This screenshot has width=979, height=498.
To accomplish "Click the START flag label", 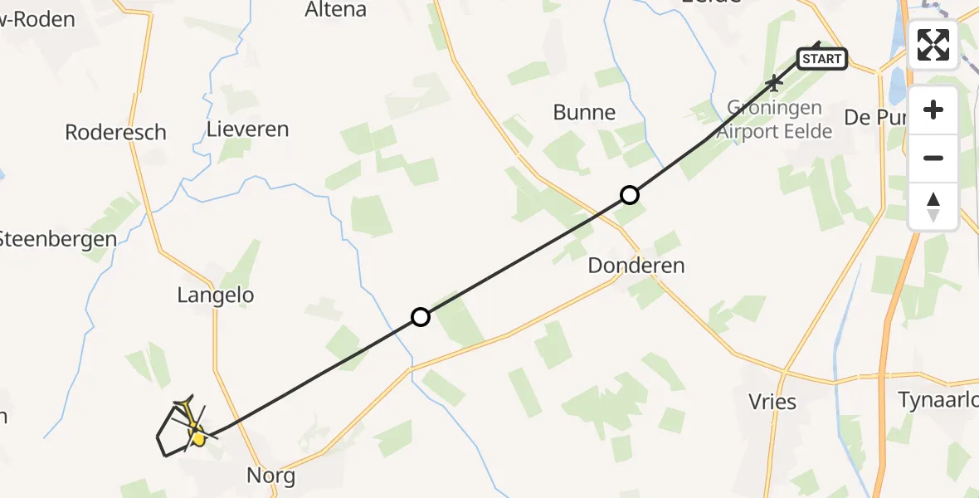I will (822, 58).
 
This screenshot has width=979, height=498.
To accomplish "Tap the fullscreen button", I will (933, 45).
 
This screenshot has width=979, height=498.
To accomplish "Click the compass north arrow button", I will (933, 207).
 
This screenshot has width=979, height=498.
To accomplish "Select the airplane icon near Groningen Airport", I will (774, 82).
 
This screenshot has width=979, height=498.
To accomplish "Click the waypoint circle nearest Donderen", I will (630, 195).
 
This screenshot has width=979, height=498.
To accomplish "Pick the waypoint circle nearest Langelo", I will (421, 317).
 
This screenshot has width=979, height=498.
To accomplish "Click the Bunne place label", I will (584, 113).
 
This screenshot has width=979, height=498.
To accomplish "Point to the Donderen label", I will (636, 266).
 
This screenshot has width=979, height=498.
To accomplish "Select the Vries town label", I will (772, 403).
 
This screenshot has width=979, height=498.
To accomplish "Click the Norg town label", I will (270, 476).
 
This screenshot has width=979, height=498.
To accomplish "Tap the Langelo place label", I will (215, 295).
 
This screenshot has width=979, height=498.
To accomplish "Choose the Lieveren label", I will (247, 129).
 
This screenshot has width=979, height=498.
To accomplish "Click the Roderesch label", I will (115, 132).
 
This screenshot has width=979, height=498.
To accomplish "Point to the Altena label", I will (335, 10).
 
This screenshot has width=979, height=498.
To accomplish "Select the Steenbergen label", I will (56, 239).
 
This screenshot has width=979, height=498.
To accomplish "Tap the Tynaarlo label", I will (938, 400).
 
